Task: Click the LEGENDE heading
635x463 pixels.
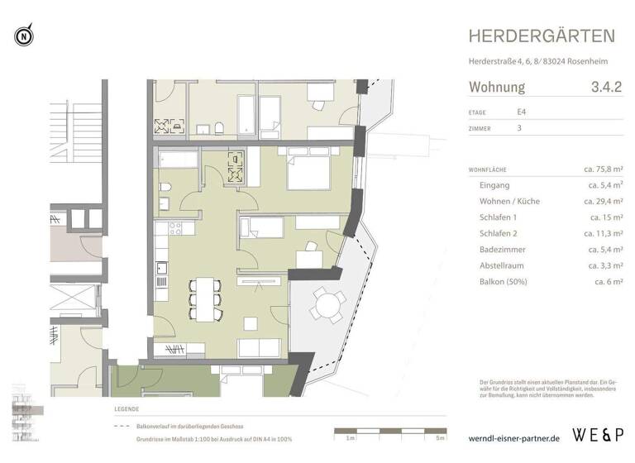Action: click(x=127, y=409)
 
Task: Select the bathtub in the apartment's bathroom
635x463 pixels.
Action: click(x=177, y=159)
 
